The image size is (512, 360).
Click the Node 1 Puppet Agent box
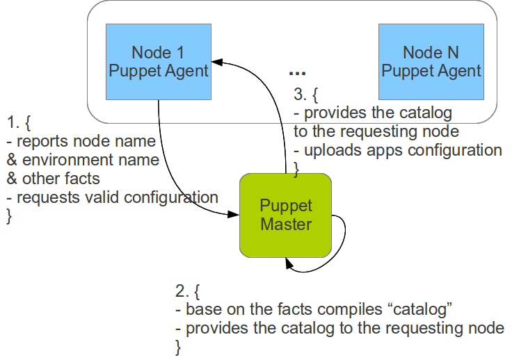click(x=159, y=61)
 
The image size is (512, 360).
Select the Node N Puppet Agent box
click(x=431, y=61)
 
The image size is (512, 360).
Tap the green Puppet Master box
click(x=285, y=214)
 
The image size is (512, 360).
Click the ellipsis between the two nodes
click(x=297, y=72)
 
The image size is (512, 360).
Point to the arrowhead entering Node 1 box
click(x=218, y=62)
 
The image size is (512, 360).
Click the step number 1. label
click(x=13, y=123)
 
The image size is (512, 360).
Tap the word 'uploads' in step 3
click(x=330, y=150)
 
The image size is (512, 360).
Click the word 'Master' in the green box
click(x=285, y=224)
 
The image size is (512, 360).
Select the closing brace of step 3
click(x=296, y=167)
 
